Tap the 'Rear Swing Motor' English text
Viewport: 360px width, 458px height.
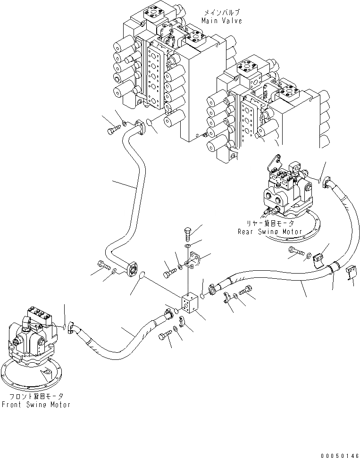click(269, 231)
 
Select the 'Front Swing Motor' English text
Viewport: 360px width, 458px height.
click(36, 404)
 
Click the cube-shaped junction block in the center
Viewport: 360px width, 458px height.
click(192, 303)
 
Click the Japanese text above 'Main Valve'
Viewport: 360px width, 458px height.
click(221, 12)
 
